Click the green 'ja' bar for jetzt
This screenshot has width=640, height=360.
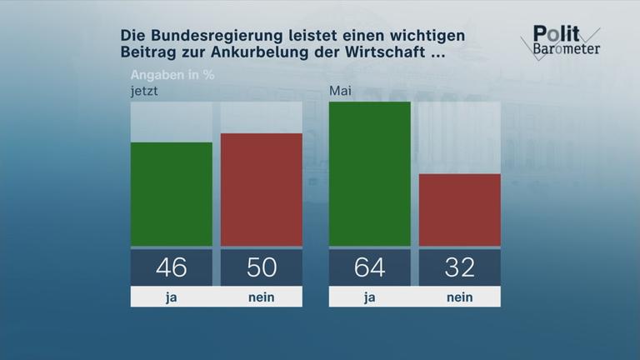pos(172,194)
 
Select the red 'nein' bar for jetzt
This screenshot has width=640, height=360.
pos(261,189)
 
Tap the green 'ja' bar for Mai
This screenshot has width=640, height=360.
pos(370,174)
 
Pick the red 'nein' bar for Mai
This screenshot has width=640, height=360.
pos(459,210)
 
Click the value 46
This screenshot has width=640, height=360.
pos(172,267)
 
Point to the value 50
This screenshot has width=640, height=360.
pos(261,267)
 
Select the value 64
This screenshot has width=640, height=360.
pos(370,267)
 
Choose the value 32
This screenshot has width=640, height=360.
pos(459,267)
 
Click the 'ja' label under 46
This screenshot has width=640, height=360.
pos(172,297)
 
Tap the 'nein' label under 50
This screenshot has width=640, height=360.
pos(261,297)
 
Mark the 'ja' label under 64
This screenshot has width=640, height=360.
pos(370,297)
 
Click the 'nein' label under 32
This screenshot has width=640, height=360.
pos(459,297)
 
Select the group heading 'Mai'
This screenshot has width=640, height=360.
pos(341,91)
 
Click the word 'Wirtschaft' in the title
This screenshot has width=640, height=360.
pos(388,54)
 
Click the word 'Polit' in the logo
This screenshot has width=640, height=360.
pos(552,32)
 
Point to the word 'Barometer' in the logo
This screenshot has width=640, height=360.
pos(566,48)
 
